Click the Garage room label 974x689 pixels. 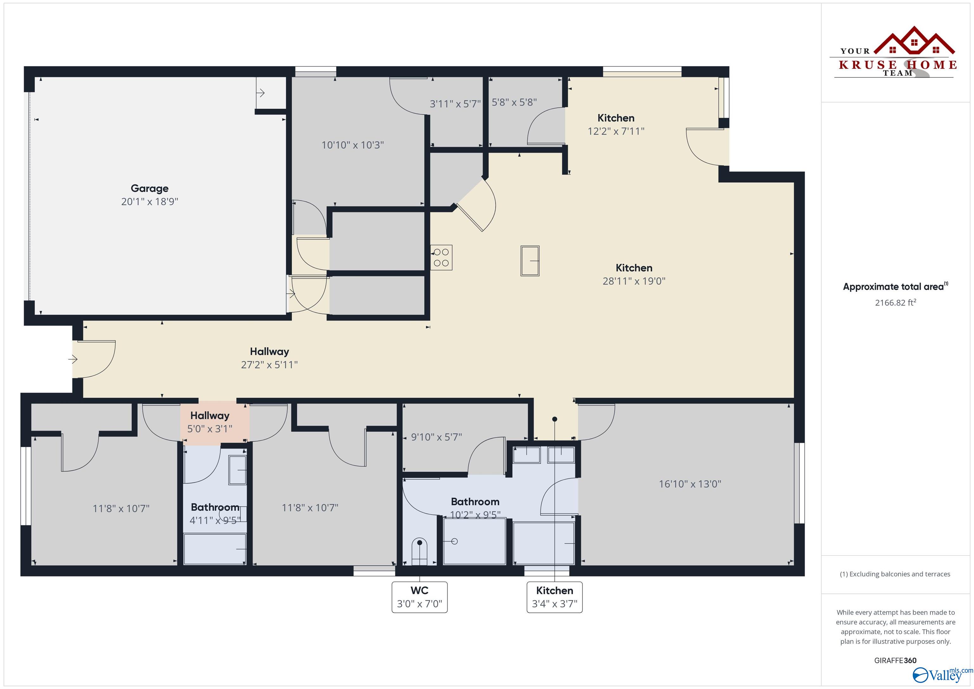tap(149, 188)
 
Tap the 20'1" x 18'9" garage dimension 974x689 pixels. tap(149, 202)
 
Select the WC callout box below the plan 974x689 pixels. tap(419, 597)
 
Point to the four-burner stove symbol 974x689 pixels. tap(441, 257)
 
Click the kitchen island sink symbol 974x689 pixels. tap(529, 261)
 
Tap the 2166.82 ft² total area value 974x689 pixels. tap(895, 302)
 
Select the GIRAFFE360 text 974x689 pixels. tap(895, 660)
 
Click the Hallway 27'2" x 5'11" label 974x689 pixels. tap(269, 358)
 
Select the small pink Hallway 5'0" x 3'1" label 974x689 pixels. tap(210, 422)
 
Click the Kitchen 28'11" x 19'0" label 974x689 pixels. tap(634, 274)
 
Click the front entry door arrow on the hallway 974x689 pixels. tap(73, 359)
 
